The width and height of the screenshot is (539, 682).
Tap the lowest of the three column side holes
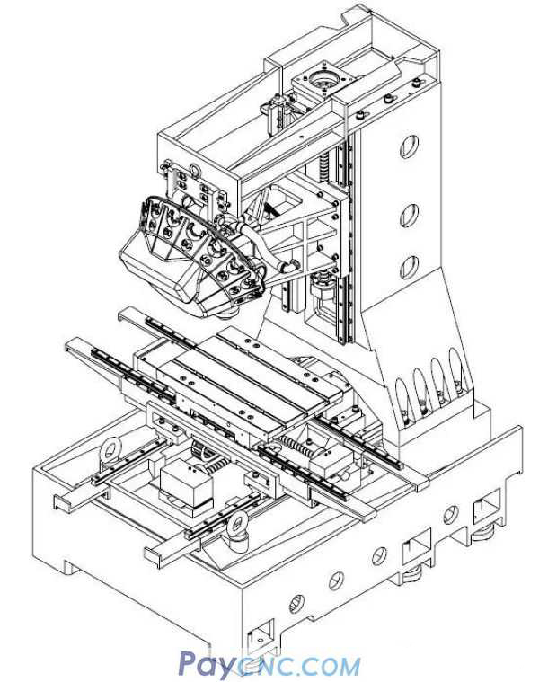click(408, 268)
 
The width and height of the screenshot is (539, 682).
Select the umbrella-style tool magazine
click(193, 252)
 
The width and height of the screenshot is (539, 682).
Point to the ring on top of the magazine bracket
click(191, 171)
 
